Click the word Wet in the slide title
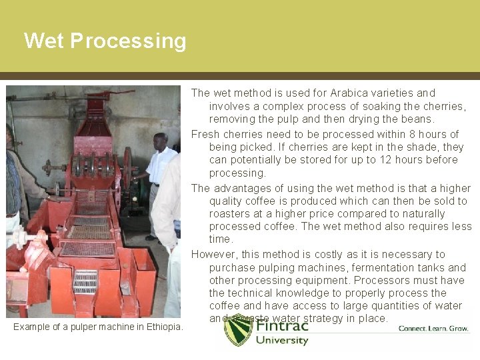click(x=44, y=41)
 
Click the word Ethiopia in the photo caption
click(x=163, y=327)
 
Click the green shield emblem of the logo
click(x=238, y=329)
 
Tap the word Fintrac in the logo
click(x=283, y=327)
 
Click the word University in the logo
click(x=283, y=341)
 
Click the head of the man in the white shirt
click(x=159, y=141)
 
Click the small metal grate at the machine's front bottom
click(x=85, y=281)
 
